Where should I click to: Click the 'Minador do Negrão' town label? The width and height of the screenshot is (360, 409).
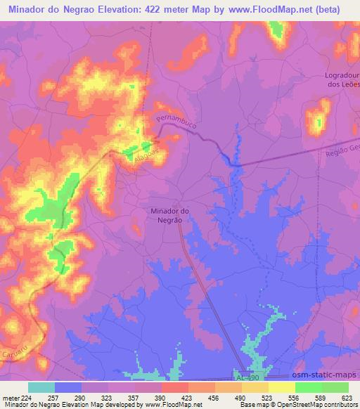(170, 215)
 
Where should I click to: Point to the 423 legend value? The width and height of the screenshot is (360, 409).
(189, 397)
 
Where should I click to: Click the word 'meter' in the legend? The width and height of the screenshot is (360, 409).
(13, 397)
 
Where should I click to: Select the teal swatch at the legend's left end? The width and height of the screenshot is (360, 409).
(41, 387)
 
